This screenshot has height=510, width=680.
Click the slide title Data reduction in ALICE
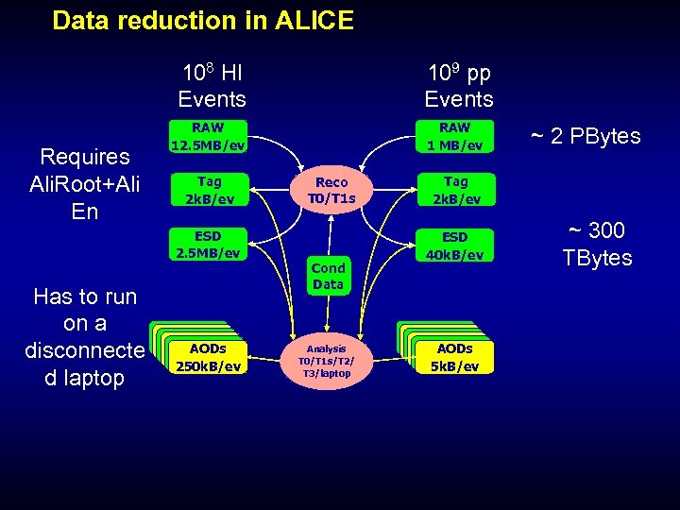point(203,21)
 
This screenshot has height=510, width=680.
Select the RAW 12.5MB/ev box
point(208,137)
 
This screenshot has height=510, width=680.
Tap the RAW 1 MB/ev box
point(455,137)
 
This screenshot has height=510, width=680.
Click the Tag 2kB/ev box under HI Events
point(208,190)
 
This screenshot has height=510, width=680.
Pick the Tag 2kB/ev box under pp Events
point(455,190)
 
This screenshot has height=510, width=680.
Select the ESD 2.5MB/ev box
point(208,244)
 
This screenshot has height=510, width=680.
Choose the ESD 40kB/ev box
point(455,245)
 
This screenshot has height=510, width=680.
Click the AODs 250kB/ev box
point(208,357)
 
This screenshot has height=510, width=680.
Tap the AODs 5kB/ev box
point(457,357)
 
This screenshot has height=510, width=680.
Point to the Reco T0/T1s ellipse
point(331,190)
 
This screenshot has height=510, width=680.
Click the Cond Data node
point(329,275)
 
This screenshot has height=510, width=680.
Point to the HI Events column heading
point(212,86)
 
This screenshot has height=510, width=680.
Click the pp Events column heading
point(458,86)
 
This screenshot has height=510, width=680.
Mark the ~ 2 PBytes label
point(585,136)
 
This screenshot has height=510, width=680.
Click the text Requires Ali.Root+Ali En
point(85,183)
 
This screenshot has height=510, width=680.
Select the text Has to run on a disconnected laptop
point(86,337)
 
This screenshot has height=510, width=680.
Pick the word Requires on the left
point(85,156)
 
